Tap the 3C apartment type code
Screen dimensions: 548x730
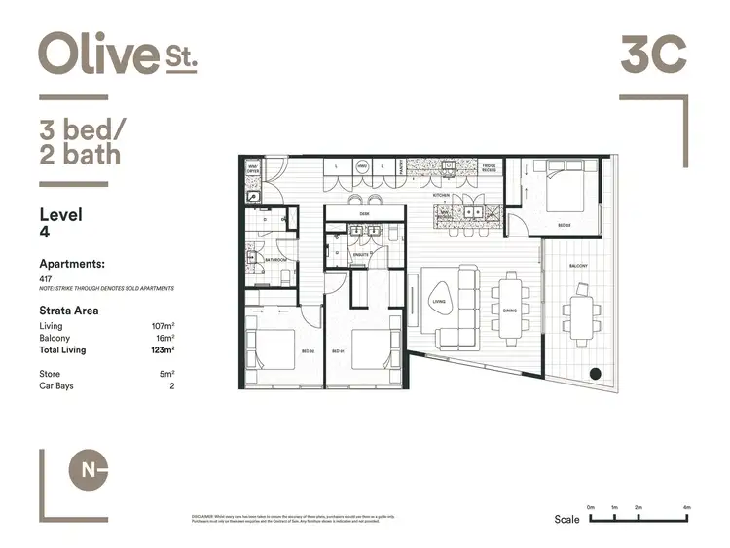654,54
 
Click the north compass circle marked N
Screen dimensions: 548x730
89,471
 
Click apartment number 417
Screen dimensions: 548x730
45,278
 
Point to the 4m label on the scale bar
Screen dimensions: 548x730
686,508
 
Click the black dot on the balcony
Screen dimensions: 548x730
595,372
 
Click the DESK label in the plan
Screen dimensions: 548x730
364,212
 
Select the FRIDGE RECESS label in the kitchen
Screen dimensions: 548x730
490,167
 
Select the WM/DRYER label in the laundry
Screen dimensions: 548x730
253,166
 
